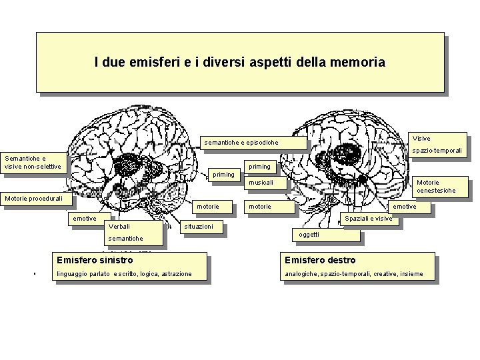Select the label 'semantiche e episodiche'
[x=241, y=143]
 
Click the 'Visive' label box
[x=421, y=139]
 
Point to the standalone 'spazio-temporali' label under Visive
[x=437, y=151]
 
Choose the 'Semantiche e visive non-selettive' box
[x=33, y=163]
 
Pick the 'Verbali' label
[x=120, y=227]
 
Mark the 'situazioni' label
[x=199, y=227]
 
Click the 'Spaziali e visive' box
[x=369, y=219]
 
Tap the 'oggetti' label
[x=309, y=235]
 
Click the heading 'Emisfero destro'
[x=320, y=260]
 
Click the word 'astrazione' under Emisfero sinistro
[x=177, y=274]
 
